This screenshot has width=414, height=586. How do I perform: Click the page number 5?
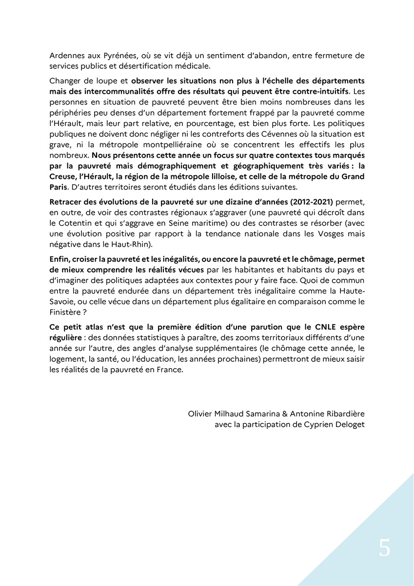[x=384, y=549]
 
